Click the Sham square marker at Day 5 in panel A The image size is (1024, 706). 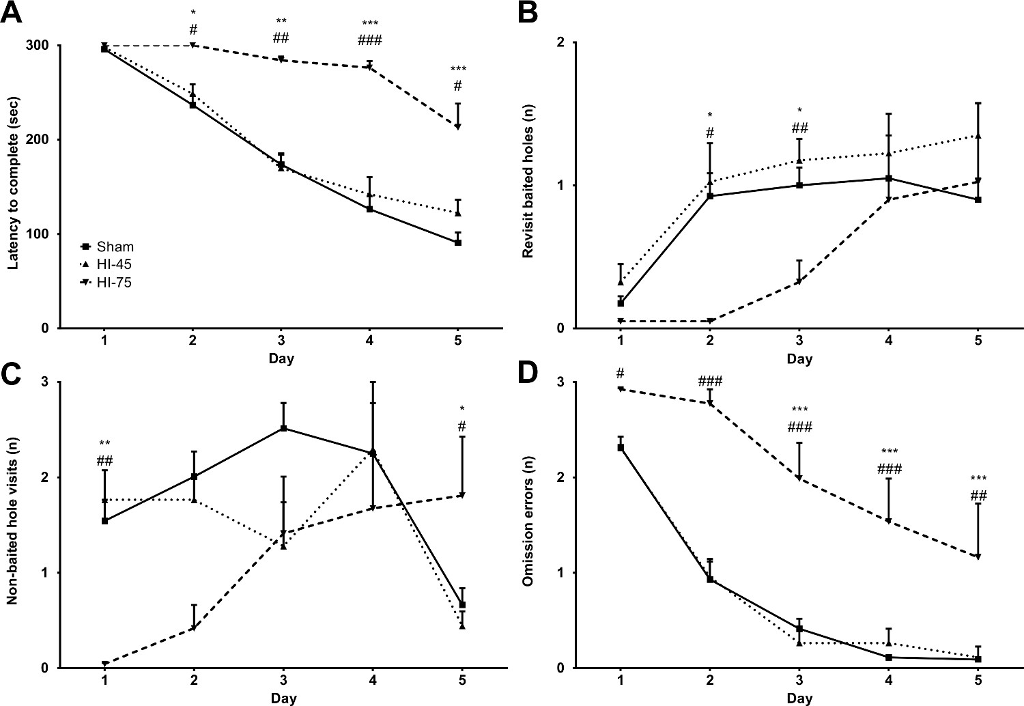pos(458,242)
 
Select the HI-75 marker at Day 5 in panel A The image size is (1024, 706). pos(458,127)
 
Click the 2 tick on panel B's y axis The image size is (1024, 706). pos(565,43)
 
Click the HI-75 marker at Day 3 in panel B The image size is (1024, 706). pos(799,282)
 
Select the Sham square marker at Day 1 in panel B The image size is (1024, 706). pos(621,303)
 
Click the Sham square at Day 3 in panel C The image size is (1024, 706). pos(283,428)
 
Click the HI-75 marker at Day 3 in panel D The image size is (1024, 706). pos(799,478)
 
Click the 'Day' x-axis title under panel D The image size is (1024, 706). pos(799,698)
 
